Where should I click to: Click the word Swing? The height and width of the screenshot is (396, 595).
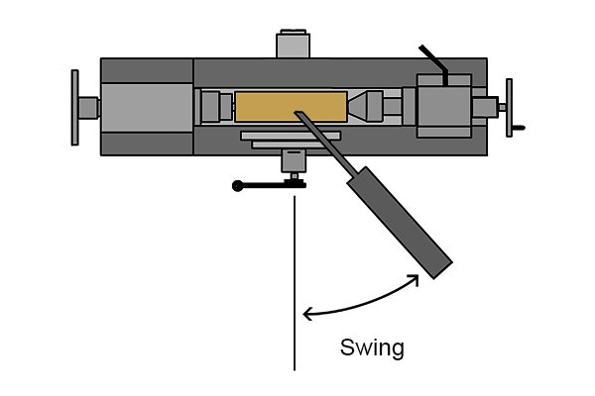372,347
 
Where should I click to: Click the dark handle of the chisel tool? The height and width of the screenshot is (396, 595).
400,223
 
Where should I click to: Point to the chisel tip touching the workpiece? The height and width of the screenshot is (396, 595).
297,113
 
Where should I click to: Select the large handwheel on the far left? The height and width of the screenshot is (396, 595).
74,108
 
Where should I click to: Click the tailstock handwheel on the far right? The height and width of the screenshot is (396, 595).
510,108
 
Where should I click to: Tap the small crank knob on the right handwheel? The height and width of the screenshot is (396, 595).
519,128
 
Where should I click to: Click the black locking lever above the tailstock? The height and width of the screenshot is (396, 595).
435,63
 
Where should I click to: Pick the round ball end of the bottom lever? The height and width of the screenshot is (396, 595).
238,186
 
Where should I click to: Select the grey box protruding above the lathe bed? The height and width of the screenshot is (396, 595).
294,44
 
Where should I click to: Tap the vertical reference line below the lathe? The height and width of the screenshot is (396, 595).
295,283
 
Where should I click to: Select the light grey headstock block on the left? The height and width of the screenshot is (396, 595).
147,108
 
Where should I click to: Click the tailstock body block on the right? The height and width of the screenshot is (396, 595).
444,106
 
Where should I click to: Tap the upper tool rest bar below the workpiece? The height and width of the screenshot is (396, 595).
291,136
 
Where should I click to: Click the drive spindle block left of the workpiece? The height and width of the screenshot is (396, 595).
210,107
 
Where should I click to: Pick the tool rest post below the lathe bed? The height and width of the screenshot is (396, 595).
294,160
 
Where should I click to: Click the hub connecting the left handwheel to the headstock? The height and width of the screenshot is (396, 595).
89,108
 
